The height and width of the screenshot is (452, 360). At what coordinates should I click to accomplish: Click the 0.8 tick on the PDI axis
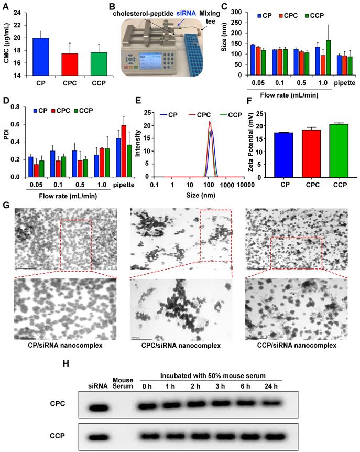22,106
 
